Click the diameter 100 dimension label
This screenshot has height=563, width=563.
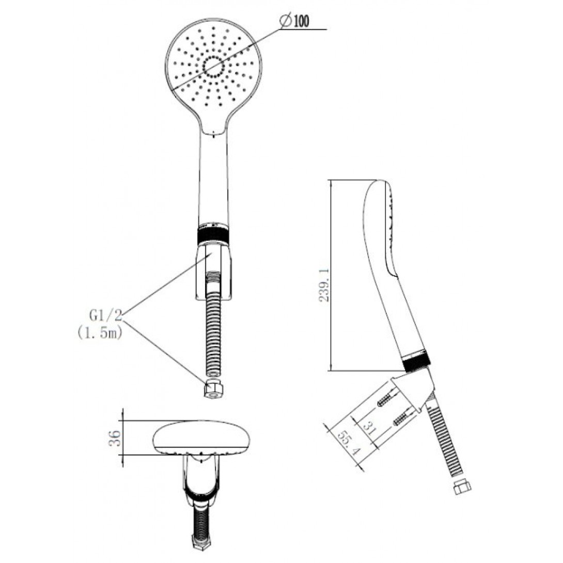(295, 21)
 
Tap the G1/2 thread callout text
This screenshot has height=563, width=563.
(106, 316)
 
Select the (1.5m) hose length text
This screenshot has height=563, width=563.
(100, 333)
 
